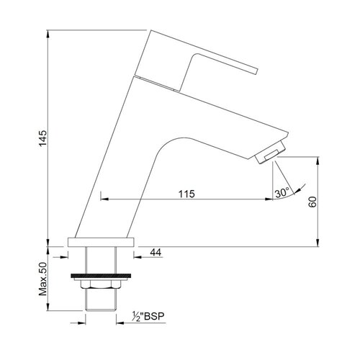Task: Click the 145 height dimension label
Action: tap(43, 138)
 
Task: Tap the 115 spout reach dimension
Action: tap(186, 194)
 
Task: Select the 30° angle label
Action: tap(282, 193)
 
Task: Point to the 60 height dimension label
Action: tap(312, 202)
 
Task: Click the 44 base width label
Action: tap(156, 252)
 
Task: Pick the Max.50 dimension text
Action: tap(43, 279)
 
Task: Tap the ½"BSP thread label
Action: tap(148, 316)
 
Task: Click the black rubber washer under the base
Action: tap(101, 276)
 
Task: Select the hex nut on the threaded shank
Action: tap(101, 284)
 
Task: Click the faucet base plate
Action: tap(101, 242)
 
